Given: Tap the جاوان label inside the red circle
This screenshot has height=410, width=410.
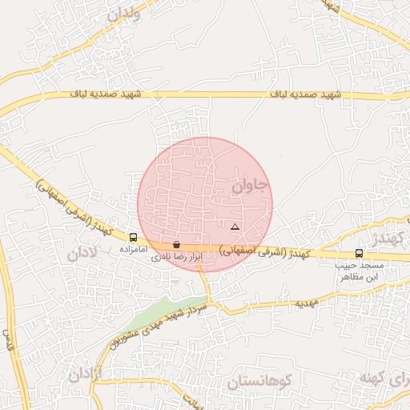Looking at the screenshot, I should coord(251,187).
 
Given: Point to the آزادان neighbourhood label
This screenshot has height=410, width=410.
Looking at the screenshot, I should coord(86,374).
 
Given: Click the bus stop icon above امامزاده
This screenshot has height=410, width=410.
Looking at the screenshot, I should coord(133,237).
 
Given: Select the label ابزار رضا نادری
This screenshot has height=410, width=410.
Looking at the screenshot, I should coord(175,256).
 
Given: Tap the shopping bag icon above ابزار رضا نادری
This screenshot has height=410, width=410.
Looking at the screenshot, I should coord(176,244).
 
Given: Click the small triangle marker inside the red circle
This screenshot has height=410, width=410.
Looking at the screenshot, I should coord(235,227).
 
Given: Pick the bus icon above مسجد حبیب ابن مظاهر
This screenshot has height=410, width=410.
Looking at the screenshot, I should coord(358,254).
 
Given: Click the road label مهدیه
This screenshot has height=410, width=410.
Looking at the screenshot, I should coord(307,304).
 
